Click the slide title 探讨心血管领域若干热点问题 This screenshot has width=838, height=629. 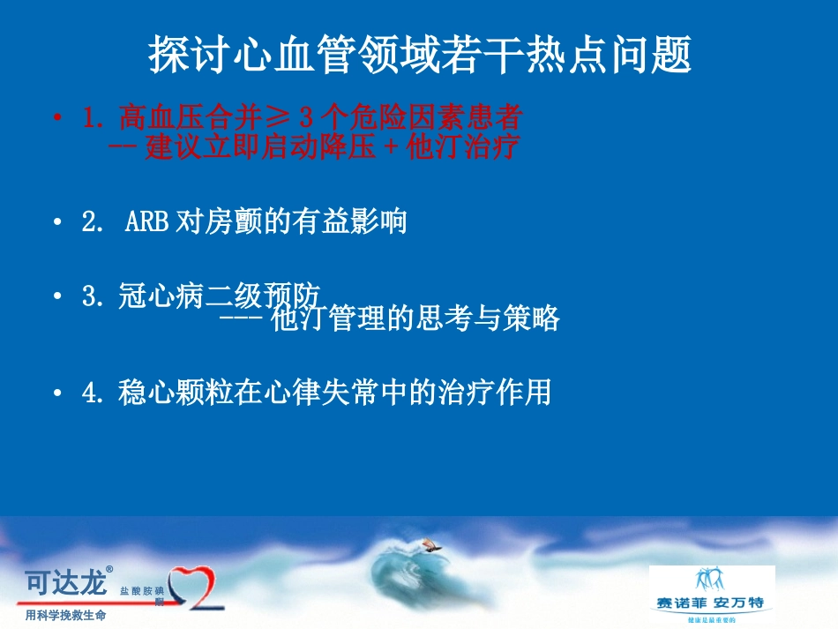(x=419, y=56)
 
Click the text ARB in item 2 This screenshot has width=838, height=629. (x=146, y=221)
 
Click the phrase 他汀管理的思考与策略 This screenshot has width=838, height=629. (x=415, y=318)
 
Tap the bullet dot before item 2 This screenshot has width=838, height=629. (x=58, y=222)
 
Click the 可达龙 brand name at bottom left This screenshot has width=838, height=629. (x=64, y=582)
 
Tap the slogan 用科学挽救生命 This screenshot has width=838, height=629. (x=65, y=615)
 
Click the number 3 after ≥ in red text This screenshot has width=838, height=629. (x=306, y=117)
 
